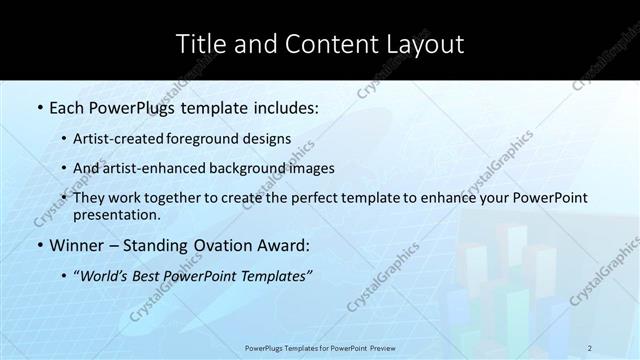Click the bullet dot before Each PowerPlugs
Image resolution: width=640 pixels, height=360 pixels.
click(39, 106)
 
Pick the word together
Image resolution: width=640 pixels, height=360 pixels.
click(193, 198)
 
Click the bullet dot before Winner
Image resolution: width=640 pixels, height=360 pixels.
click(39, 244)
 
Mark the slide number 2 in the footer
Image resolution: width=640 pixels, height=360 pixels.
click(590, 347)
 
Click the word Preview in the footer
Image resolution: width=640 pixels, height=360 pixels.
click(379, 347)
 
